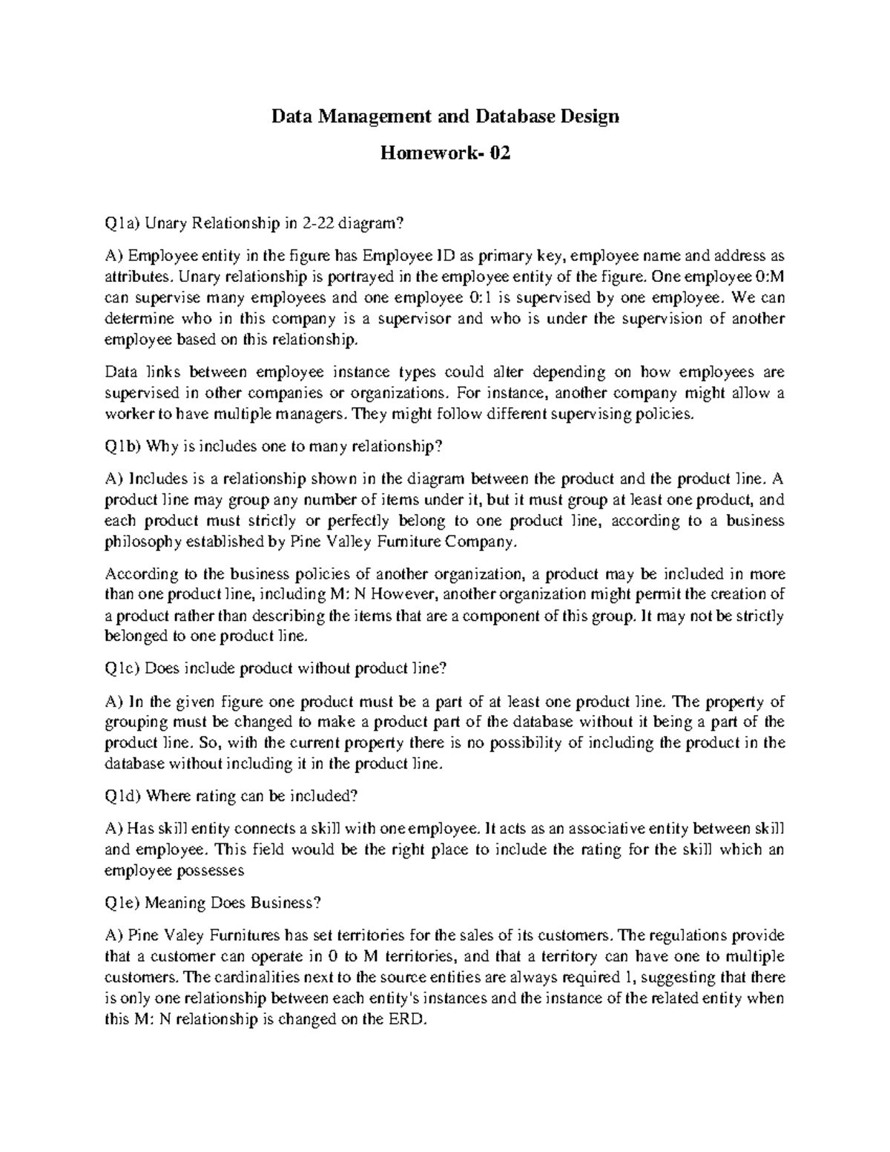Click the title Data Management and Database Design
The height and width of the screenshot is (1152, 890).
444,116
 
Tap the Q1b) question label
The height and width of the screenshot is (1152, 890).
123,446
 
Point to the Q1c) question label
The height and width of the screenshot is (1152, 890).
122,668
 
